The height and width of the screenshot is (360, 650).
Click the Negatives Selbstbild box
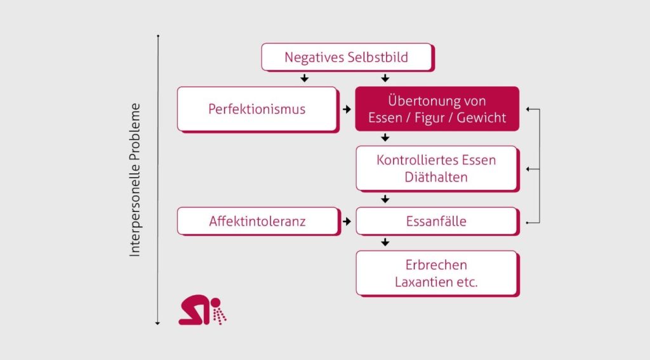347,57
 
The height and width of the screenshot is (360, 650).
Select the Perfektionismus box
256,109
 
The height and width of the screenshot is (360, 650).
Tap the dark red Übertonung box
437,109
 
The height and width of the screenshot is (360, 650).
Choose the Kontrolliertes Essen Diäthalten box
436,168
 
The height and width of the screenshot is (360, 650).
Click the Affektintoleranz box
256,222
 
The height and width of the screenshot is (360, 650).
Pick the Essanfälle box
436,222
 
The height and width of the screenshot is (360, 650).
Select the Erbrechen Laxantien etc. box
436,273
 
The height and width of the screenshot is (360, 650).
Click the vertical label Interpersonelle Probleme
135,180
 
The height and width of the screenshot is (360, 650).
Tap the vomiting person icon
202,310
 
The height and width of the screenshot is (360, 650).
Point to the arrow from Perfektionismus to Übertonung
347,109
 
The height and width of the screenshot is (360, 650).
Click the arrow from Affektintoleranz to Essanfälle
347,222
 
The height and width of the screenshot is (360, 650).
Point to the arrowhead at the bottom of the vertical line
157,323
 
